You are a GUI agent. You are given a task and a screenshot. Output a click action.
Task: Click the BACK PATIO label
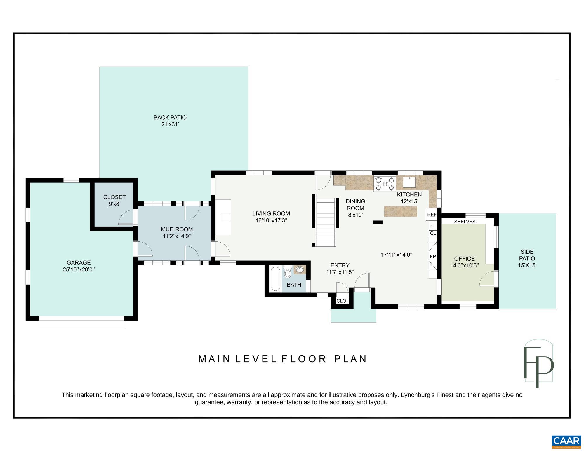[x=170, y=117]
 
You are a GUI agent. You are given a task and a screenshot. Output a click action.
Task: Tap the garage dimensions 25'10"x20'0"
[x=79, y=270]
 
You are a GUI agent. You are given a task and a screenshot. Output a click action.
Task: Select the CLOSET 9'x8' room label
[x=114, y=201]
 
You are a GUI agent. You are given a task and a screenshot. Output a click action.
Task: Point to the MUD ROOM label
[x=177, y=229]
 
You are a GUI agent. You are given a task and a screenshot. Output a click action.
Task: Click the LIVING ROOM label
[x=271, y=214]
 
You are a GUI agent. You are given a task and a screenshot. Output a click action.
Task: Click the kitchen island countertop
[x=400, y=211]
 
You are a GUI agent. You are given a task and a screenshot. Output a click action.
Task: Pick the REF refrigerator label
[x=432, y=215]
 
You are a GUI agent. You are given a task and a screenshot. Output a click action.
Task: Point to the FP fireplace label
[x=433, y=257]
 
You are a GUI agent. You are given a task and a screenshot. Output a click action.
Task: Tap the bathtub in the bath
[x=275, y=279]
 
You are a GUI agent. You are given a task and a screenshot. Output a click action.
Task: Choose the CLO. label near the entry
[x=342, y=301]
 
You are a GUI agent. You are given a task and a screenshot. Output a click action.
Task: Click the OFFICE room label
[x=464, y=259]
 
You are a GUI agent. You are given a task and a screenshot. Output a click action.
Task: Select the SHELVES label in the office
[x=465, y=222]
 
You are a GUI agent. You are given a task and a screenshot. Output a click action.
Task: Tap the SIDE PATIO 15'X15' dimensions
[x=527, y=265]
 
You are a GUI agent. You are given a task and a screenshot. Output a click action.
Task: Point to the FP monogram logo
[x=538, y=364]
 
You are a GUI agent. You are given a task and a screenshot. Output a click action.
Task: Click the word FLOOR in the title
[x=304, y=359]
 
